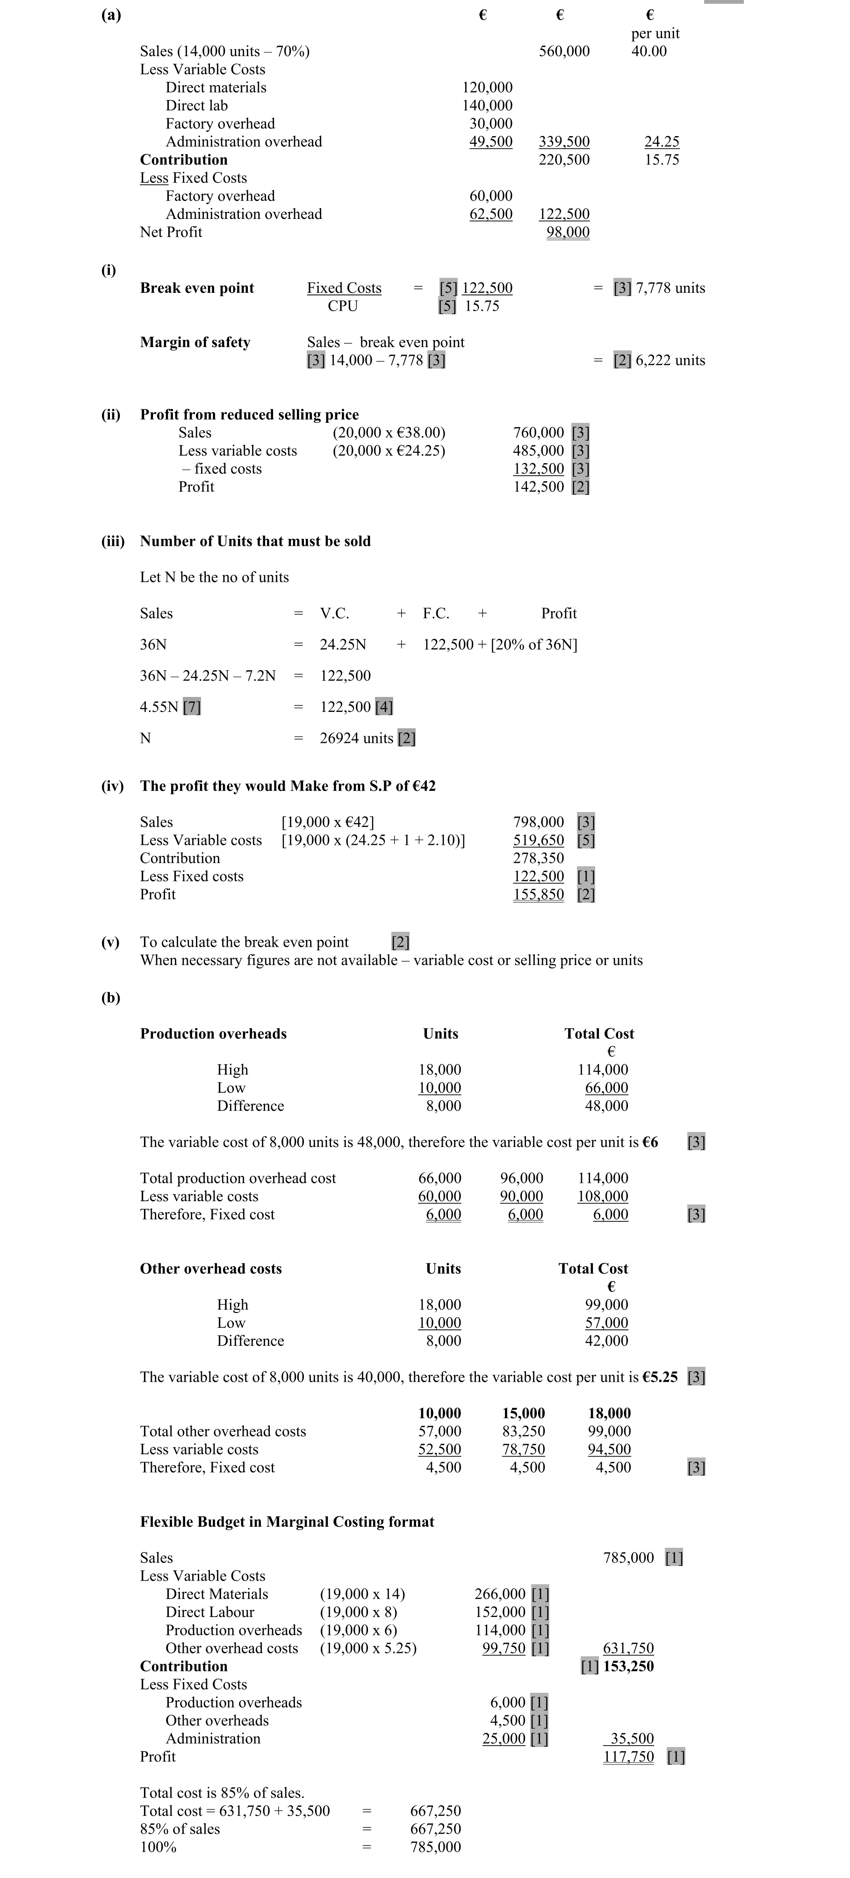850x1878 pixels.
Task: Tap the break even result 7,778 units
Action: tap(670, 288)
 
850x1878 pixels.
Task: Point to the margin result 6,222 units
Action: tap(670, 360)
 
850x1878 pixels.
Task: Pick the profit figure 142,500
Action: tap(538, 487)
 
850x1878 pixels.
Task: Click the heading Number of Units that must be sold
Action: tap(255, 541)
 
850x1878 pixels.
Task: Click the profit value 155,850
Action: tap(538, 894)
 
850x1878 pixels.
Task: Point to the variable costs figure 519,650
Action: tap(538, 841)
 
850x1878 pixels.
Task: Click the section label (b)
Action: tap(110, 997)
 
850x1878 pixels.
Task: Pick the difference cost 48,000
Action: tap(606, 1106)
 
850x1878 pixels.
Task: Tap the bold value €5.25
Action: tap(659, 1377)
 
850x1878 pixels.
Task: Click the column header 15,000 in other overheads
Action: tap(523, 1414)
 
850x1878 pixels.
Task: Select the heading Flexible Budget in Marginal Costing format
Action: tap(287, 1522)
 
